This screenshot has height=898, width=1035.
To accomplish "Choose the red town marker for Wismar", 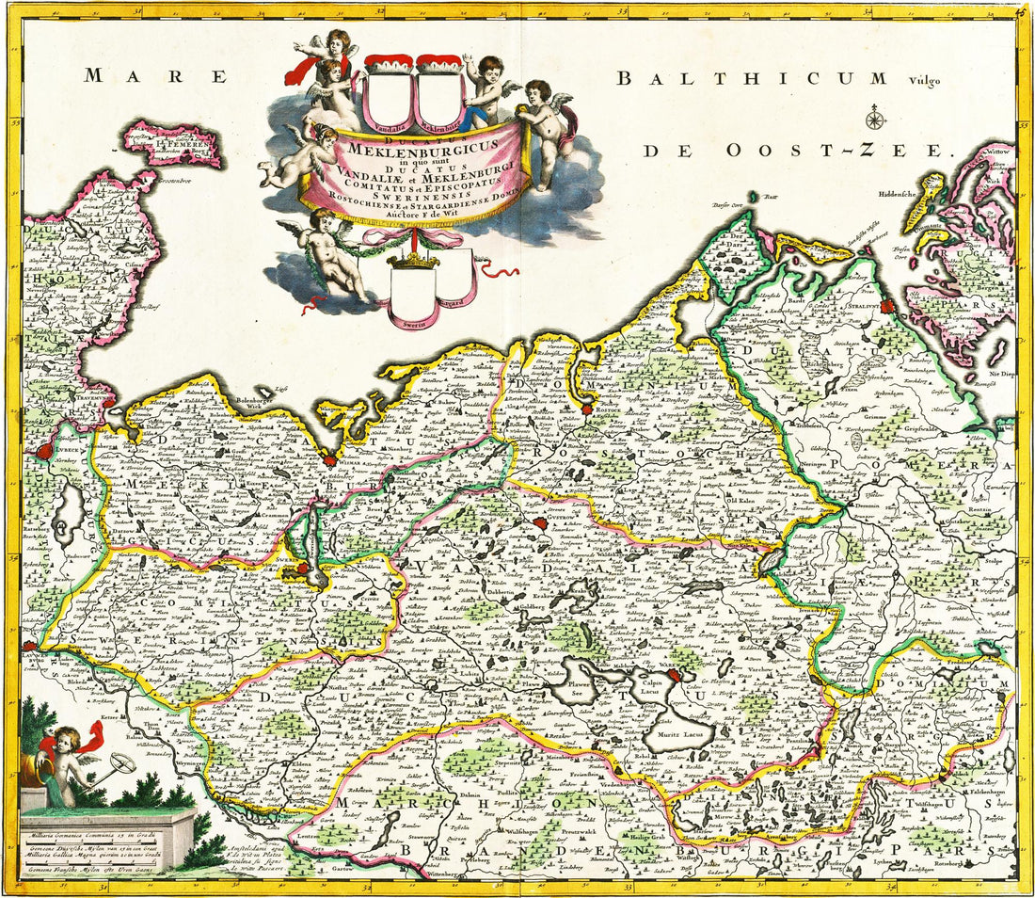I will click(328, 460).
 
